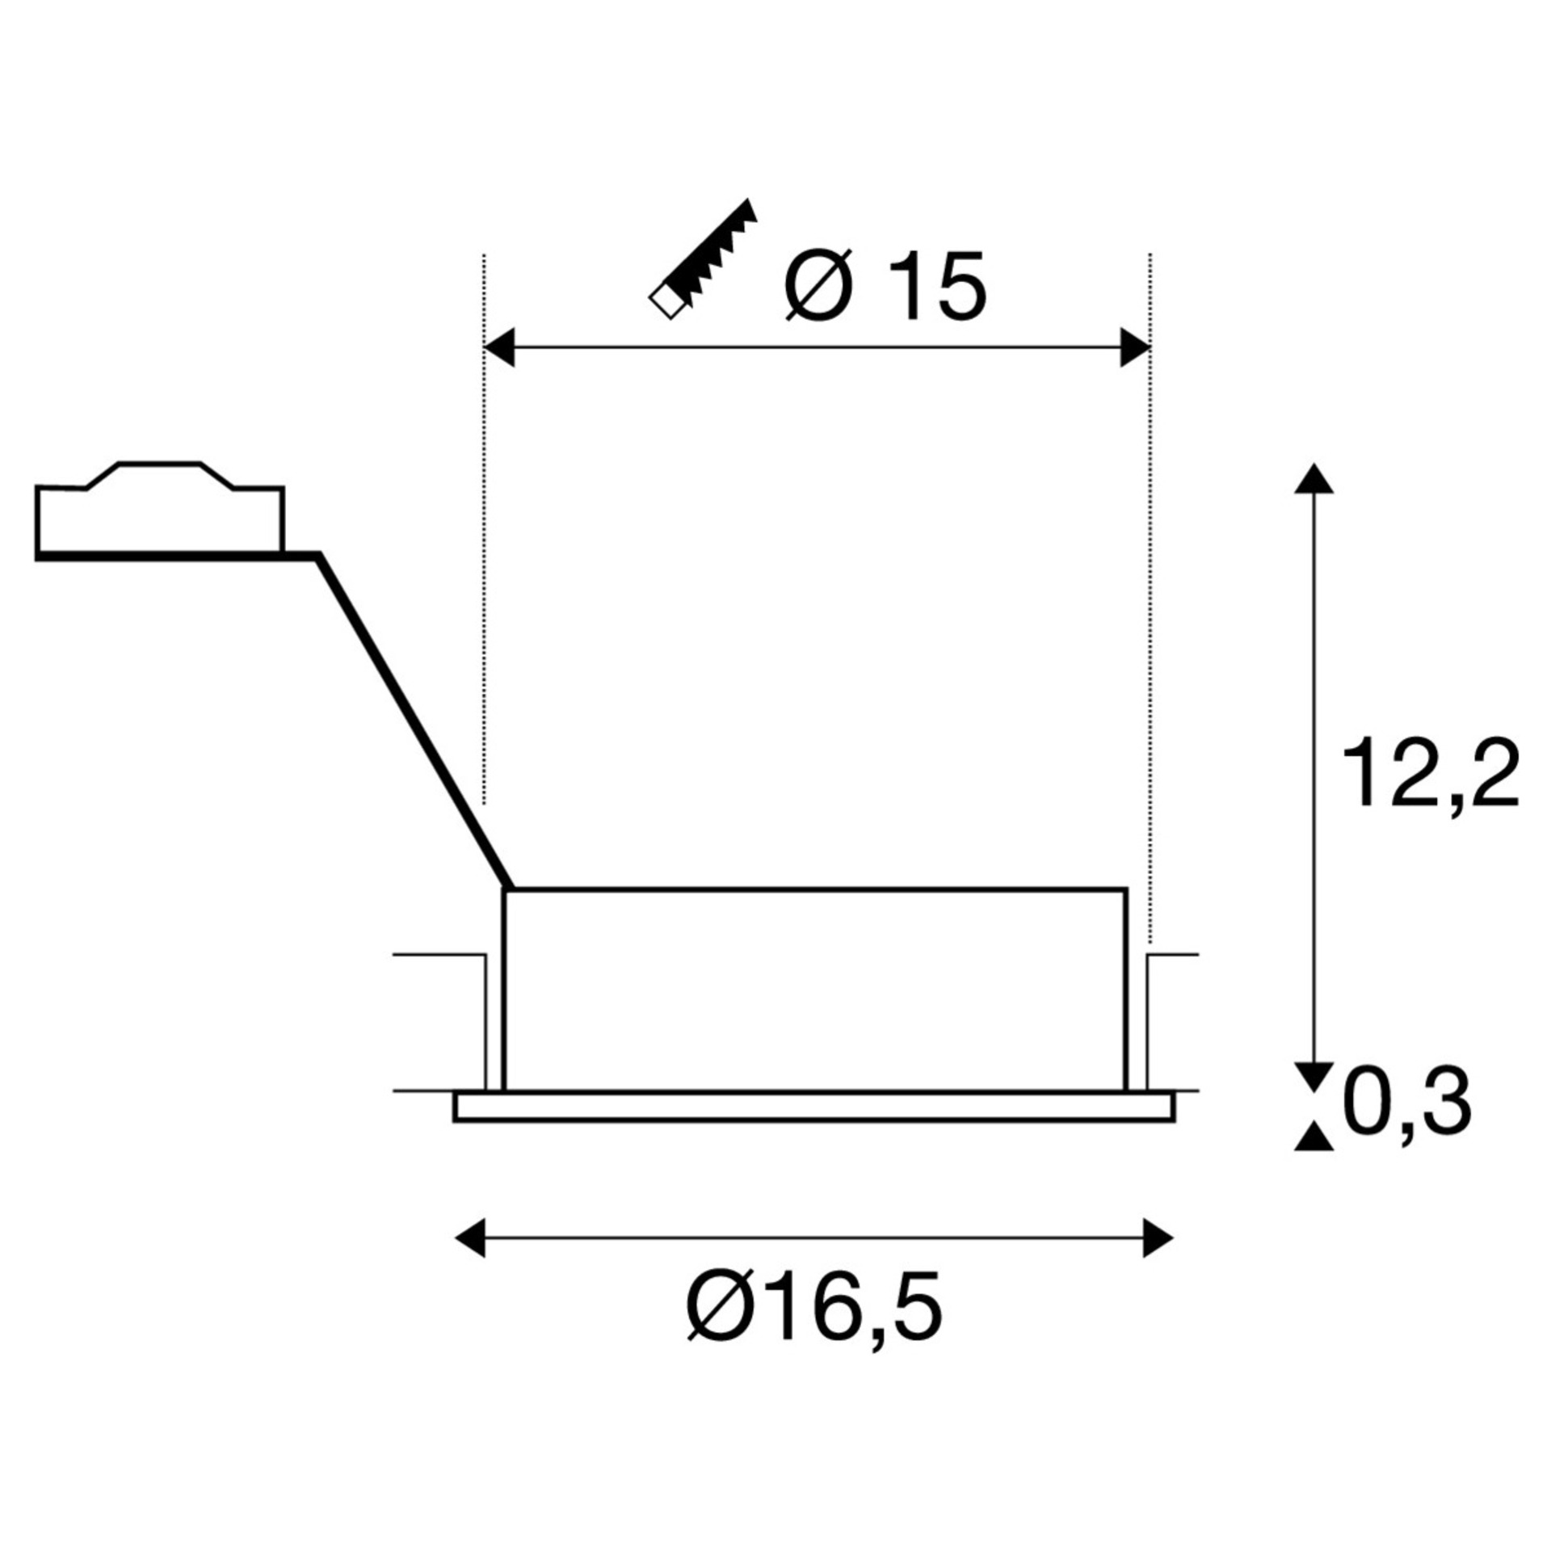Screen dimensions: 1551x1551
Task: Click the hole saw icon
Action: (x=703, y=258)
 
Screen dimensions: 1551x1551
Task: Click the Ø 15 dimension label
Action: (x=885, y=286)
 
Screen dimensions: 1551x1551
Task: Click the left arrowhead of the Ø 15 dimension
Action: (x=498, y=347)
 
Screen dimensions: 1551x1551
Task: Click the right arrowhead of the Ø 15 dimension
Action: (x=1135, y=347)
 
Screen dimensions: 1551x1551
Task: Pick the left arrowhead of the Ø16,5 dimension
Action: (x=471, y=1238)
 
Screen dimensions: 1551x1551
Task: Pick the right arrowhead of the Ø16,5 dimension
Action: (x=1158, y=1238)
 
